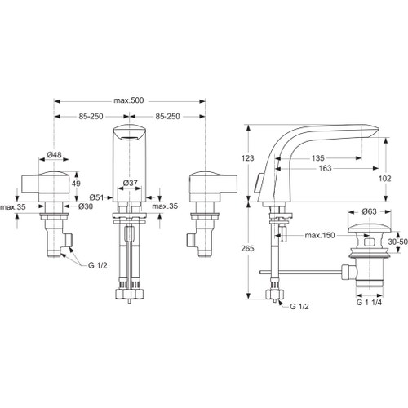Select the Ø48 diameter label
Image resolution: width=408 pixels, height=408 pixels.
click(55, 155)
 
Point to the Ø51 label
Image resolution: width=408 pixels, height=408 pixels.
click(97, 197)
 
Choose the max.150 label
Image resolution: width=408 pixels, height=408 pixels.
click(321, 236)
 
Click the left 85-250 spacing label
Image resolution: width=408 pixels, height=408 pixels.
click(92, 118)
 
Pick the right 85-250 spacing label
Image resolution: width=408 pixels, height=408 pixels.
click(168, 118)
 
